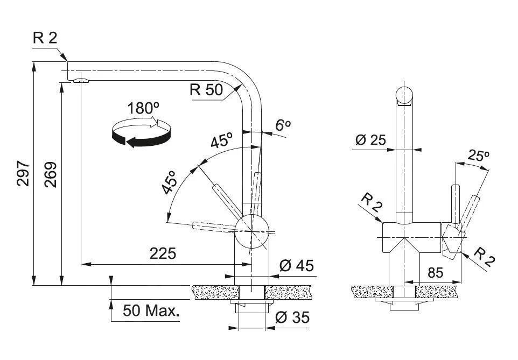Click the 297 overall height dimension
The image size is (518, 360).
pos(24,174)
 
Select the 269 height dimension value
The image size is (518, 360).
pos(51,175)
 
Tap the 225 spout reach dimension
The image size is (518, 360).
pos(163,253)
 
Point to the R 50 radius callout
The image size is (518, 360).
pos(206,89)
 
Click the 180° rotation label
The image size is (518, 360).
pos(143,108)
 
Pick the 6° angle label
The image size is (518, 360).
pos(283,125)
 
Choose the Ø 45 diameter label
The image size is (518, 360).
pos(296,265)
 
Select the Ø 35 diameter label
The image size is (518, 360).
pos(292,317)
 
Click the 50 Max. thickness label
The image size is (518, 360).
pos(151,311)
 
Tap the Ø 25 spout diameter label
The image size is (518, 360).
pos(370,140)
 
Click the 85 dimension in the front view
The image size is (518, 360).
pos(435,273)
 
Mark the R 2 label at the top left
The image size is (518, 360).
pos(45,38)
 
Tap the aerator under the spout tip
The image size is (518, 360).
pos(81,80)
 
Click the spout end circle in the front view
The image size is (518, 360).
pos(404,95)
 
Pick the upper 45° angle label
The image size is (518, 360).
pos(221,140)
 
